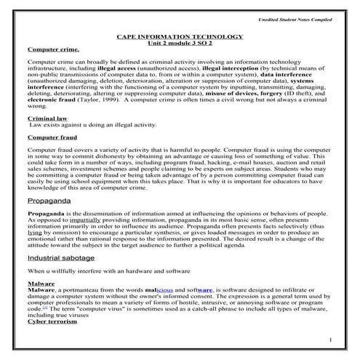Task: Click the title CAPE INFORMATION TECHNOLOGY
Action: [x=180, y=36]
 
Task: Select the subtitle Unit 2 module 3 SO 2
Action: [x=180, y=42]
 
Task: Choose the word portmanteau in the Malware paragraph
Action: [x=76, y=289]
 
